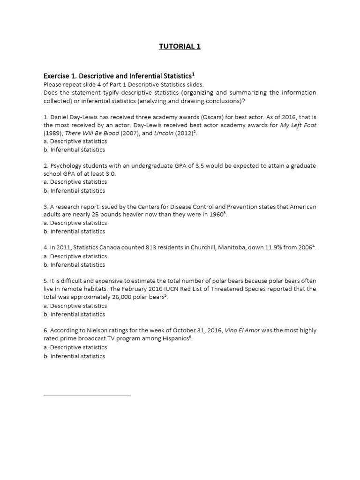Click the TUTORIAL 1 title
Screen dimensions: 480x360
180,46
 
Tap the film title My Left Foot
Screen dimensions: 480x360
298,125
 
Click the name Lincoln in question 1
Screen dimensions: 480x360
163,133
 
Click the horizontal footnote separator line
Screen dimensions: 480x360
87,396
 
